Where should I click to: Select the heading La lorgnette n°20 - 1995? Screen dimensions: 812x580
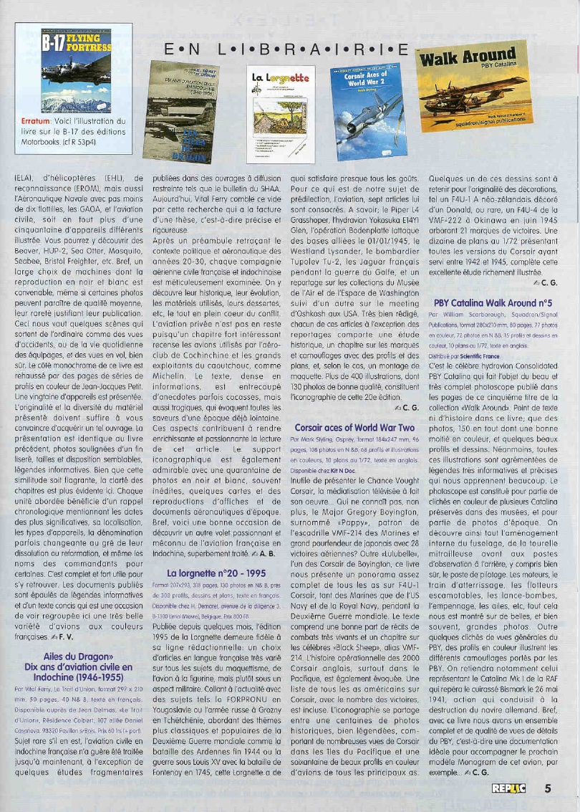(208, 573)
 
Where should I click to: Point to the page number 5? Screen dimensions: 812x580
(548, 790)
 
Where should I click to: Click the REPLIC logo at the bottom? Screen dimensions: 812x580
(509, 790)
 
